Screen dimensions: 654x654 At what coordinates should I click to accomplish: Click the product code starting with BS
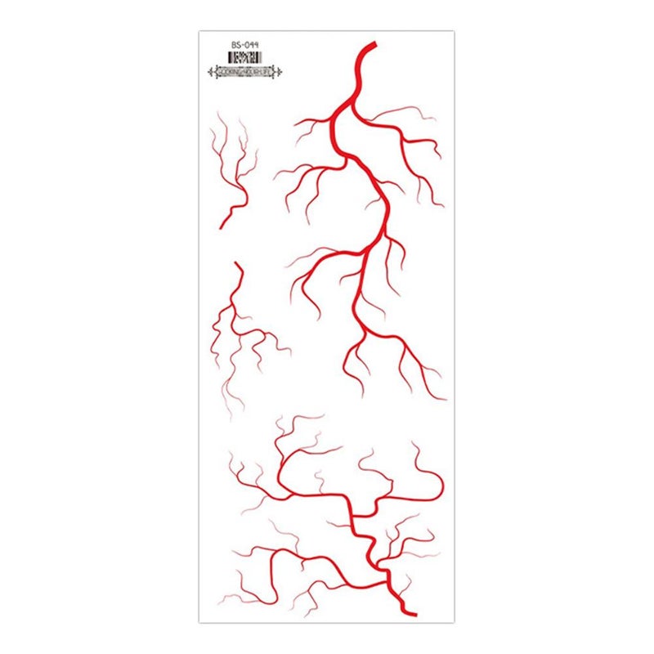click(x=245, y=45)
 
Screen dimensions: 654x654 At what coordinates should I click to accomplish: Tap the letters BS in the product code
click(x=236, y=45)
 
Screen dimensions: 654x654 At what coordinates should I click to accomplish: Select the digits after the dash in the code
click(x=252, y=45)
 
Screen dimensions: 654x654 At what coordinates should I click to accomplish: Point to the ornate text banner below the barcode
click(x=246, y=72)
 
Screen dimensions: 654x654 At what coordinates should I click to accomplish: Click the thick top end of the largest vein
click(x=372, y=44)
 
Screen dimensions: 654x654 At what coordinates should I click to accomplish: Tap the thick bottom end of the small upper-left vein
click(x=222, y=226)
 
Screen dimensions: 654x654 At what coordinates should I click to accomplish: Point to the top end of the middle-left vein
click(x=235, y=264)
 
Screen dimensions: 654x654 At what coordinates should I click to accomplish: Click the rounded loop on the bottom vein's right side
click(x=436, y=487)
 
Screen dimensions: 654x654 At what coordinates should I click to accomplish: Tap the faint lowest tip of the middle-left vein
click(x=241, y=413)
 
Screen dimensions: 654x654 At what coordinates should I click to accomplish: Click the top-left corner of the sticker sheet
click(x=199, y=32)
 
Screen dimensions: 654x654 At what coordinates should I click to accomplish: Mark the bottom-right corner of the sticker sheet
click(x=455, y=622)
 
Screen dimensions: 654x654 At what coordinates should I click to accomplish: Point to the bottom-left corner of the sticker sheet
click(x=199, y=622)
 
